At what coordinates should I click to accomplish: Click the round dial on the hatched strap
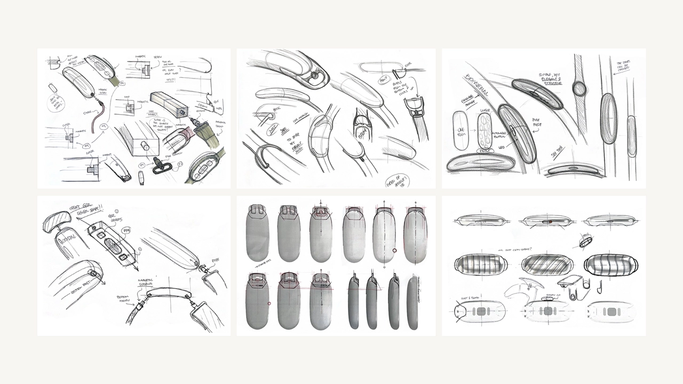pos(579,88)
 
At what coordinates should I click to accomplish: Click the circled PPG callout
pos(127,230)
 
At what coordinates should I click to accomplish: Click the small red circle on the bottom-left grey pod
pos(269,303)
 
